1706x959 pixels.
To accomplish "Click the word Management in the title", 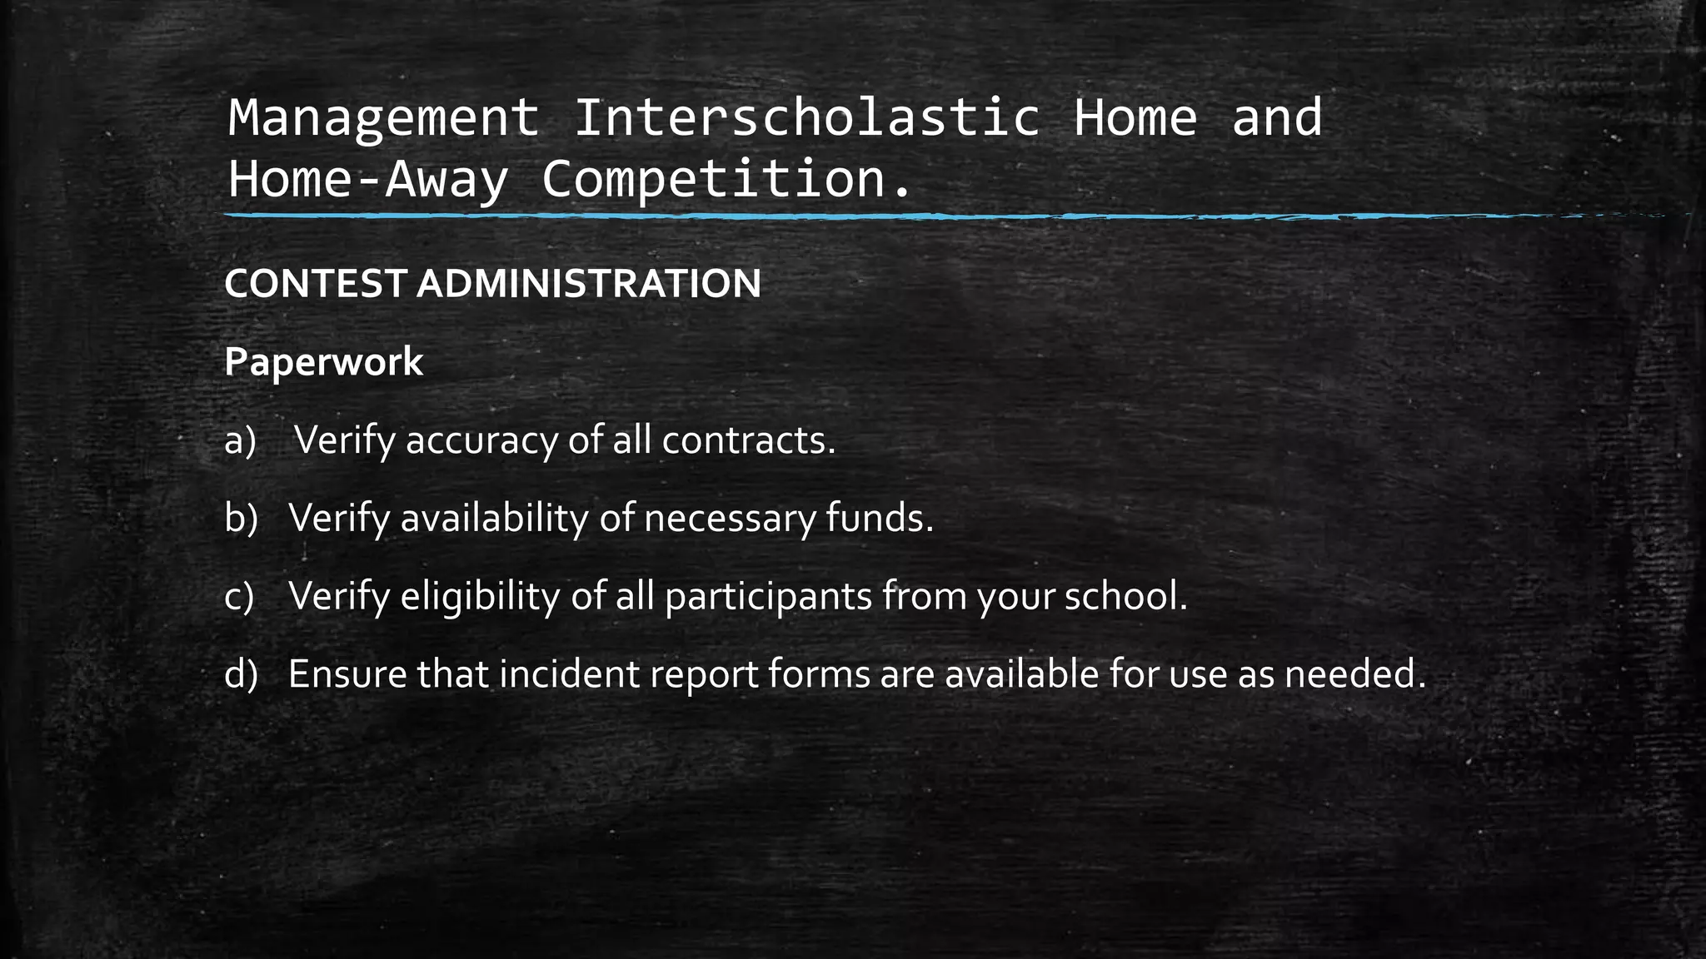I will click(x=384, y=118).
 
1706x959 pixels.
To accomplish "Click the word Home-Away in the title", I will click(x=367, y=179).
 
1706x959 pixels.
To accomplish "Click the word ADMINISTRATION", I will click(x=589, y=284).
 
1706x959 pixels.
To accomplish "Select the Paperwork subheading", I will click(x=323, y=362).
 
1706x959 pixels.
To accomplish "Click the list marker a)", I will click(x=240, y=440).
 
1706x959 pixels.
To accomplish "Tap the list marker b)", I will click(x=241, y=518).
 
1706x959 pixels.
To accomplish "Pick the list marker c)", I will click(x=239, y=596).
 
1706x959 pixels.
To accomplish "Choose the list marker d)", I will click(x=241, y=673).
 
